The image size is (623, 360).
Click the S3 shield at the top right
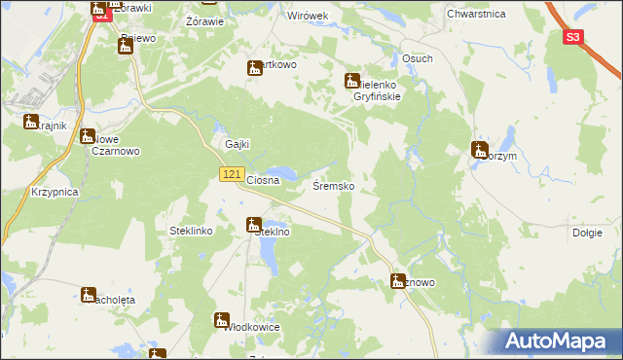click(574, 37)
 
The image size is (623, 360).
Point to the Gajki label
click(238, 144)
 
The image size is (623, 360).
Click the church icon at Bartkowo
click(255, 68)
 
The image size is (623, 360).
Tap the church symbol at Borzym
click(479, 150)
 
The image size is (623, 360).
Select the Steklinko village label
click(184, 232)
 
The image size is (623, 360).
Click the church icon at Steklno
click(252, 226)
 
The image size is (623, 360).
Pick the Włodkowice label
click(252, 327)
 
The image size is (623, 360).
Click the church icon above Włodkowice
click(222, 320)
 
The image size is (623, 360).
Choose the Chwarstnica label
click(474, 14)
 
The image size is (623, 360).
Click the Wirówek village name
click(307, 17)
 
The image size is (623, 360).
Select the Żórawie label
click(204, 20)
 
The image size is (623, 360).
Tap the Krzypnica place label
click(54, 193)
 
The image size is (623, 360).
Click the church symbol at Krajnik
click(31, 122)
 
